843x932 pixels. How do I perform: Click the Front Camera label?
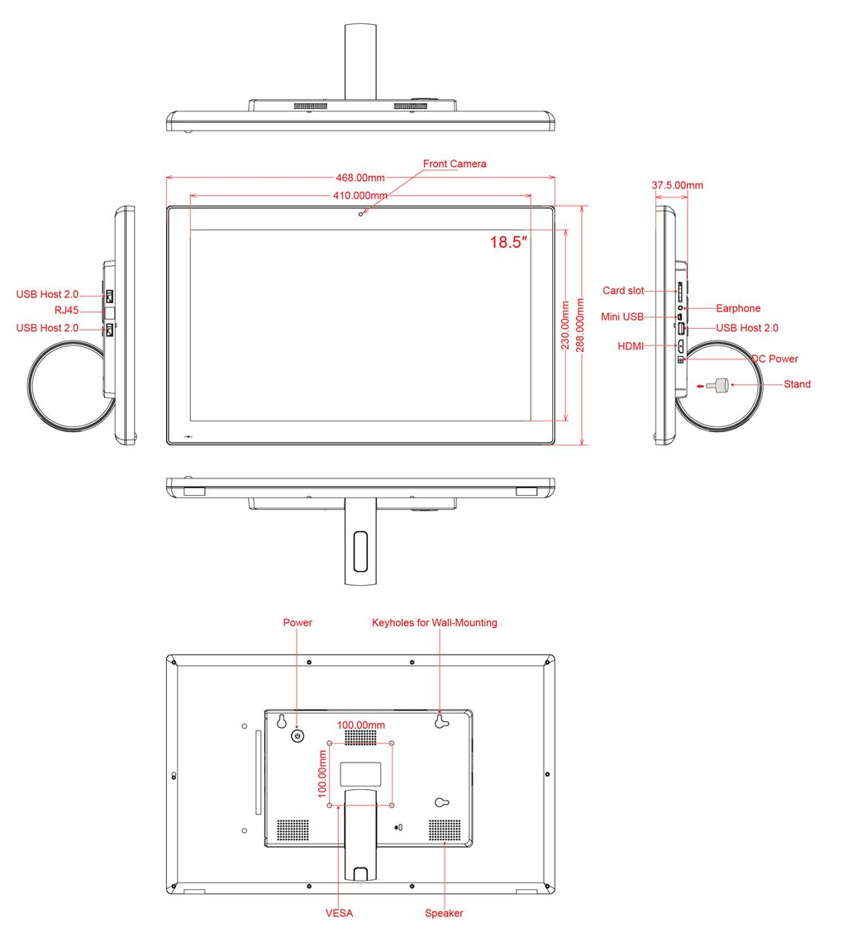click(455, 164)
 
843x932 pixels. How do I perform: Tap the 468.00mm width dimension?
click(360, 178)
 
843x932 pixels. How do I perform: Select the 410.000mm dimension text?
click(360, 196)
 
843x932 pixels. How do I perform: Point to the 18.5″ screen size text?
click(508, 243)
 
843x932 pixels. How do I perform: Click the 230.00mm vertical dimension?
click(565, 325)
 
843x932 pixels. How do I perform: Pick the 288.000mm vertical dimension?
click(579, 325)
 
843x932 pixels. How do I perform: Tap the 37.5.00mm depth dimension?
click(677, 185)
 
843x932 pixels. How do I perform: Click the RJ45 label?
click(67, 311)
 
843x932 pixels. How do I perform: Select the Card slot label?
click(623, 291)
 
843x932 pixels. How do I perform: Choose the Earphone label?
click(738, 308)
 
